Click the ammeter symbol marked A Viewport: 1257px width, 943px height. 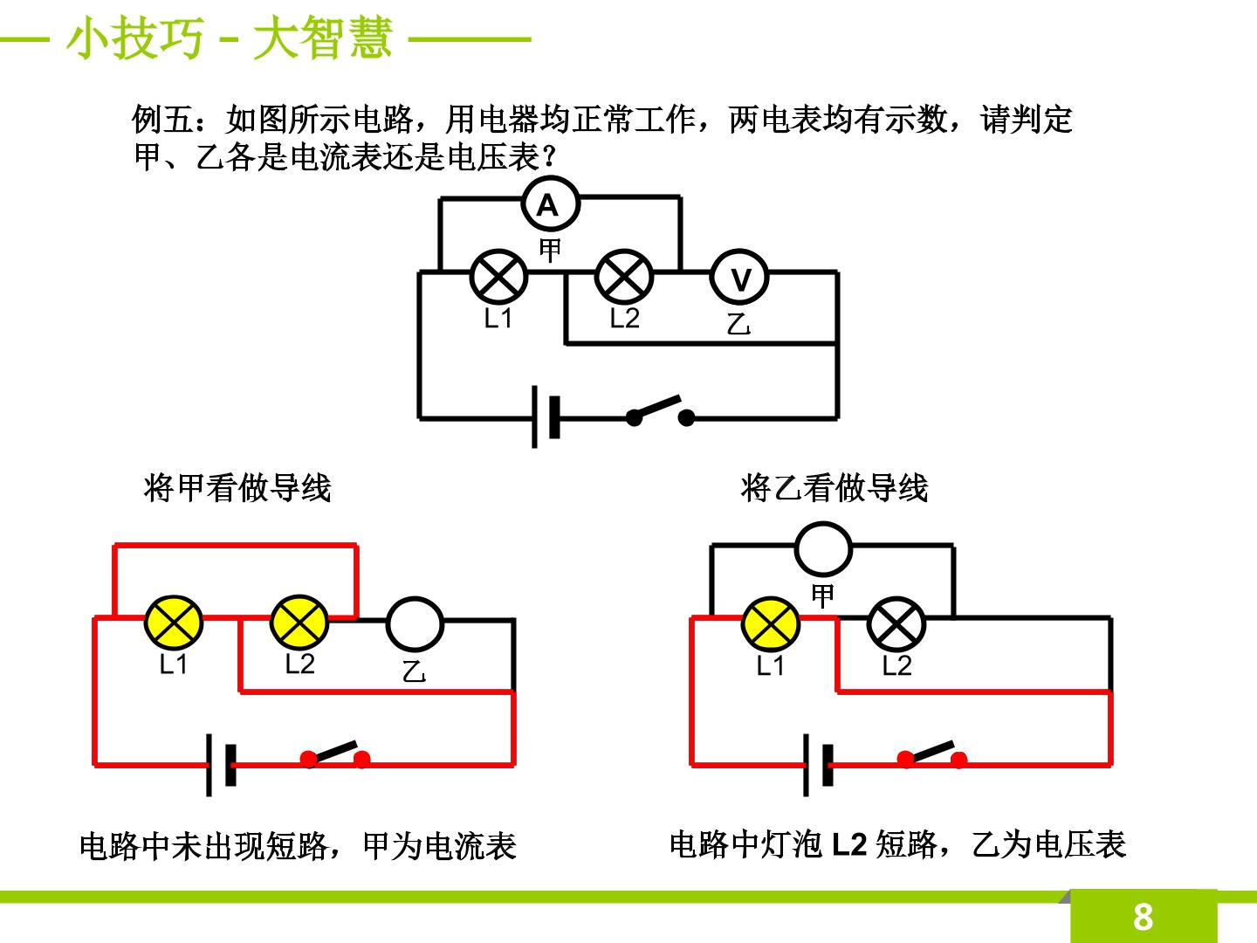(550, 203)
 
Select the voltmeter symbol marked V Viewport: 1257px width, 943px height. (739, 278)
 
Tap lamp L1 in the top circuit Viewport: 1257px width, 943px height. (498, 277)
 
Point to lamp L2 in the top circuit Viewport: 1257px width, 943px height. (623, 277)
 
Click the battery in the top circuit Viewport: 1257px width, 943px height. (546, 416)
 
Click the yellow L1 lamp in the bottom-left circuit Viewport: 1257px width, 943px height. (174, 623)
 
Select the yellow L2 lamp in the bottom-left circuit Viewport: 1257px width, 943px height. (299, 623)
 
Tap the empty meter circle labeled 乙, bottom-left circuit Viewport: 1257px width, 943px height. (415, 624)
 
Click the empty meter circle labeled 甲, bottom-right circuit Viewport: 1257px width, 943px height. (823, 548)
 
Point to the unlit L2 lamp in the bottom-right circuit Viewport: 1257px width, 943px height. (896, 624)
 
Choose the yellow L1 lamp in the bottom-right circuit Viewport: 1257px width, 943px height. (770, 624)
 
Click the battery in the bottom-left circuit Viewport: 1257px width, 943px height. (221, 765)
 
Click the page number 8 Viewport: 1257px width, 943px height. (1143, 917)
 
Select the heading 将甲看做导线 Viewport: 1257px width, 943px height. (237, 488)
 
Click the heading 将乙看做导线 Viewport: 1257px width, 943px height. (834, 488)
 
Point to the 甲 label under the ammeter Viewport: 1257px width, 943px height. (550, 251)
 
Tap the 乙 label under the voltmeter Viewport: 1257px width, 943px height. (738, 324)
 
